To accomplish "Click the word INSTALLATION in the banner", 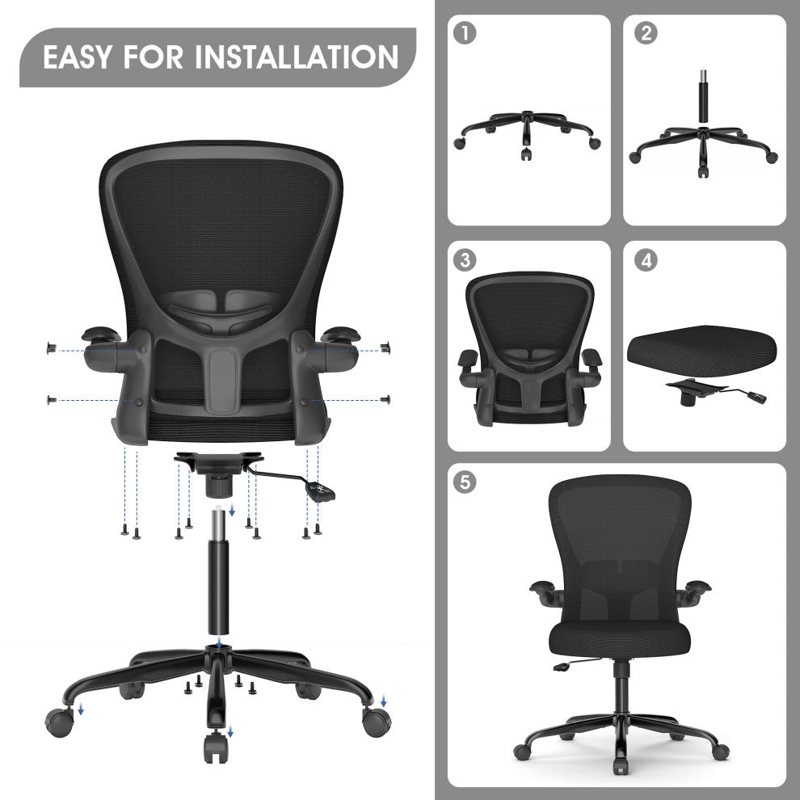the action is [x=297, y=57].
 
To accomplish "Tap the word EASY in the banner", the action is [x=78, y=57].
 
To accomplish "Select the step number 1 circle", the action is [x=465, y=34].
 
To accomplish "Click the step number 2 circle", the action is [x=646, y=34].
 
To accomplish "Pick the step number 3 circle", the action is [x=465, y=260].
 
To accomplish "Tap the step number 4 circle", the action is [x=646, y=260].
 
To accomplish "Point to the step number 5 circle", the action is [x=465, y=482].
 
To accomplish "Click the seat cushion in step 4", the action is [x=702, y=351].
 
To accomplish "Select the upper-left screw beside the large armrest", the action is [x=52, y=348].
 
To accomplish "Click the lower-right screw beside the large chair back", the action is [x=386, y=399].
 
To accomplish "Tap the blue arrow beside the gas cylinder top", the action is [x=232, y=511].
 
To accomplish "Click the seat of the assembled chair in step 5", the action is [x=619, y=637].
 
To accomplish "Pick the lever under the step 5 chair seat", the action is [x=576, y=664].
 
